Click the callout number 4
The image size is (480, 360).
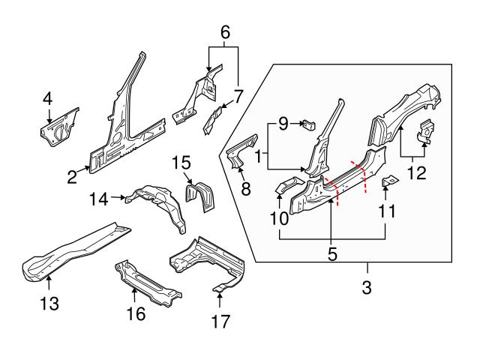(47, 97)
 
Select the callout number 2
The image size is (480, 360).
(72, 177)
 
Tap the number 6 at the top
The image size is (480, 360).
(223, 32)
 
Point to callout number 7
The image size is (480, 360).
(238, 96)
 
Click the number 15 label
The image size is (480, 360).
(182, 161)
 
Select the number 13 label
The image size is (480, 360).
(49, 304)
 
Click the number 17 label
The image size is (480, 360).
(219, 322)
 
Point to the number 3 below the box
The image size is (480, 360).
(367, 287)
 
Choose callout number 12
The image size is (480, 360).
(415, 173)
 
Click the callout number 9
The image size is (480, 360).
(283, 124)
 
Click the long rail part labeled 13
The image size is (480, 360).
(71, 247)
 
